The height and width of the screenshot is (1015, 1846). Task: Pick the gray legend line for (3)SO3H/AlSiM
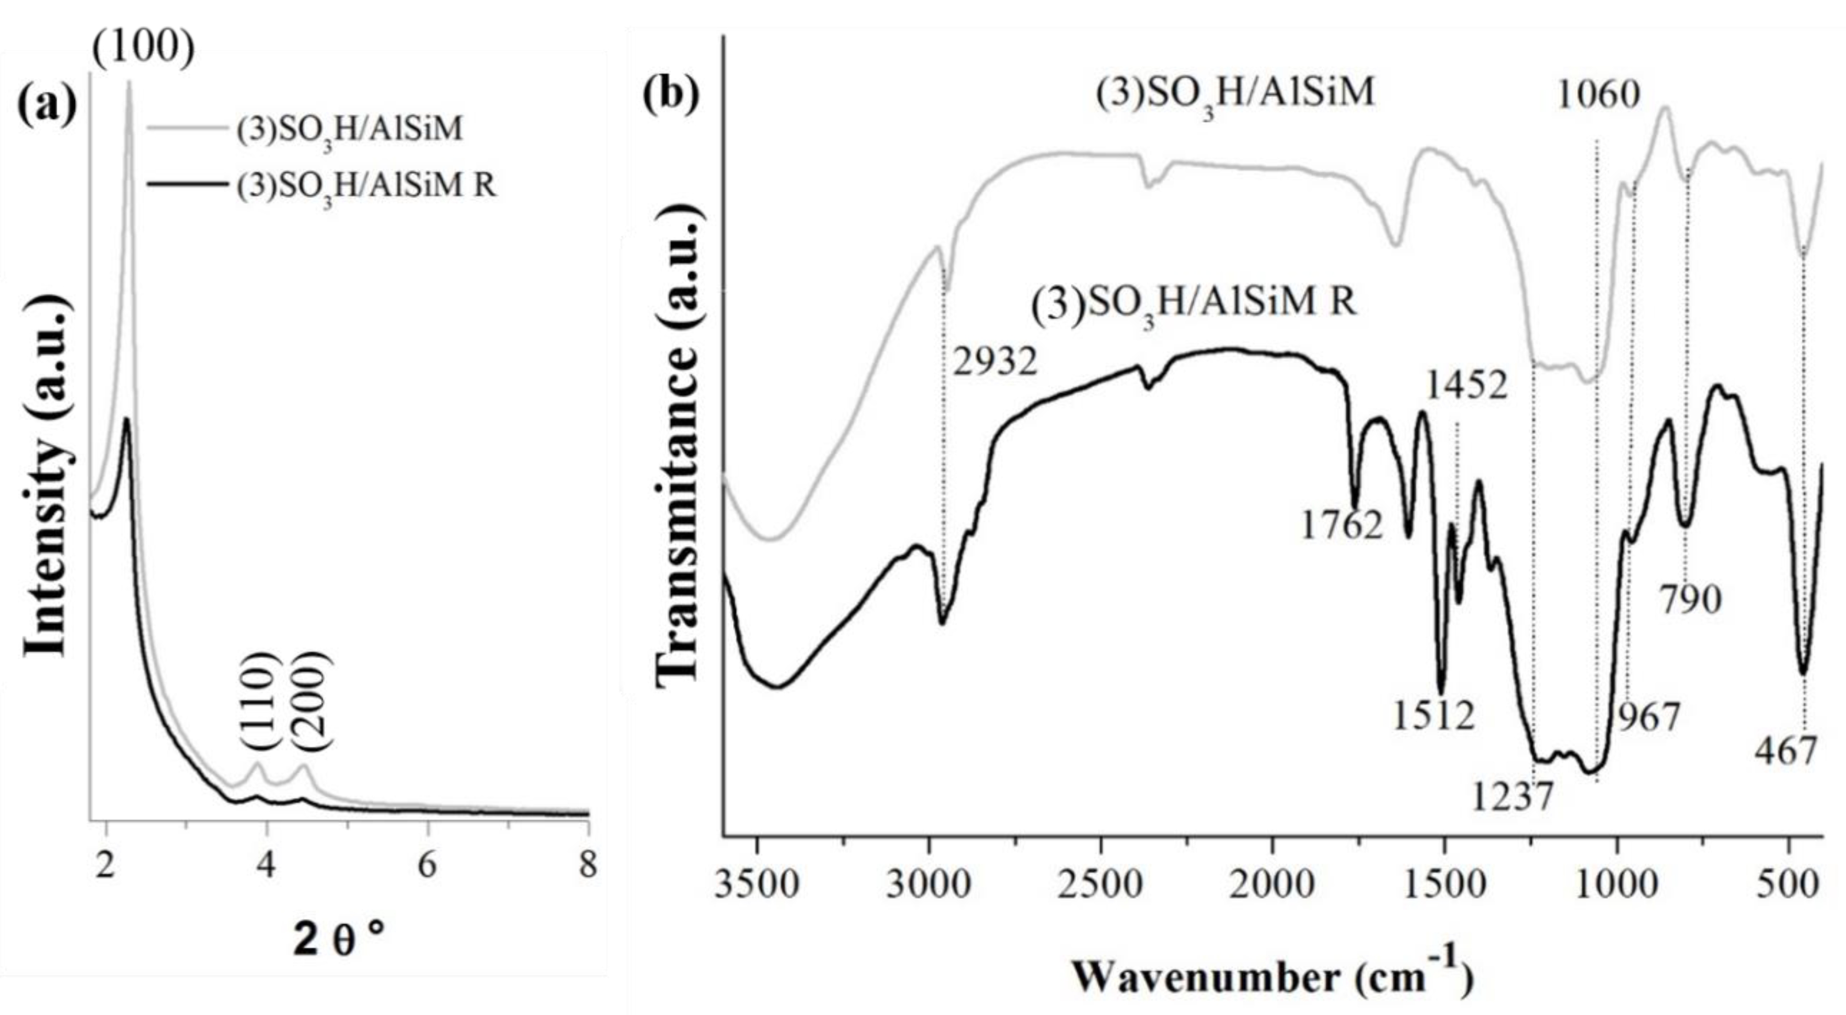(188, 129)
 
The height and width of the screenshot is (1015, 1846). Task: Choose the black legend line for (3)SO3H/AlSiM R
(188, 184)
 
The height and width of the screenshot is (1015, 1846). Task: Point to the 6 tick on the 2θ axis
(427, 866)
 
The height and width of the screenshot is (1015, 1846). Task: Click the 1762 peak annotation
(1341, 527)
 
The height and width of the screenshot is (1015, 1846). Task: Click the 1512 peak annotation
(1434, 716)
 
